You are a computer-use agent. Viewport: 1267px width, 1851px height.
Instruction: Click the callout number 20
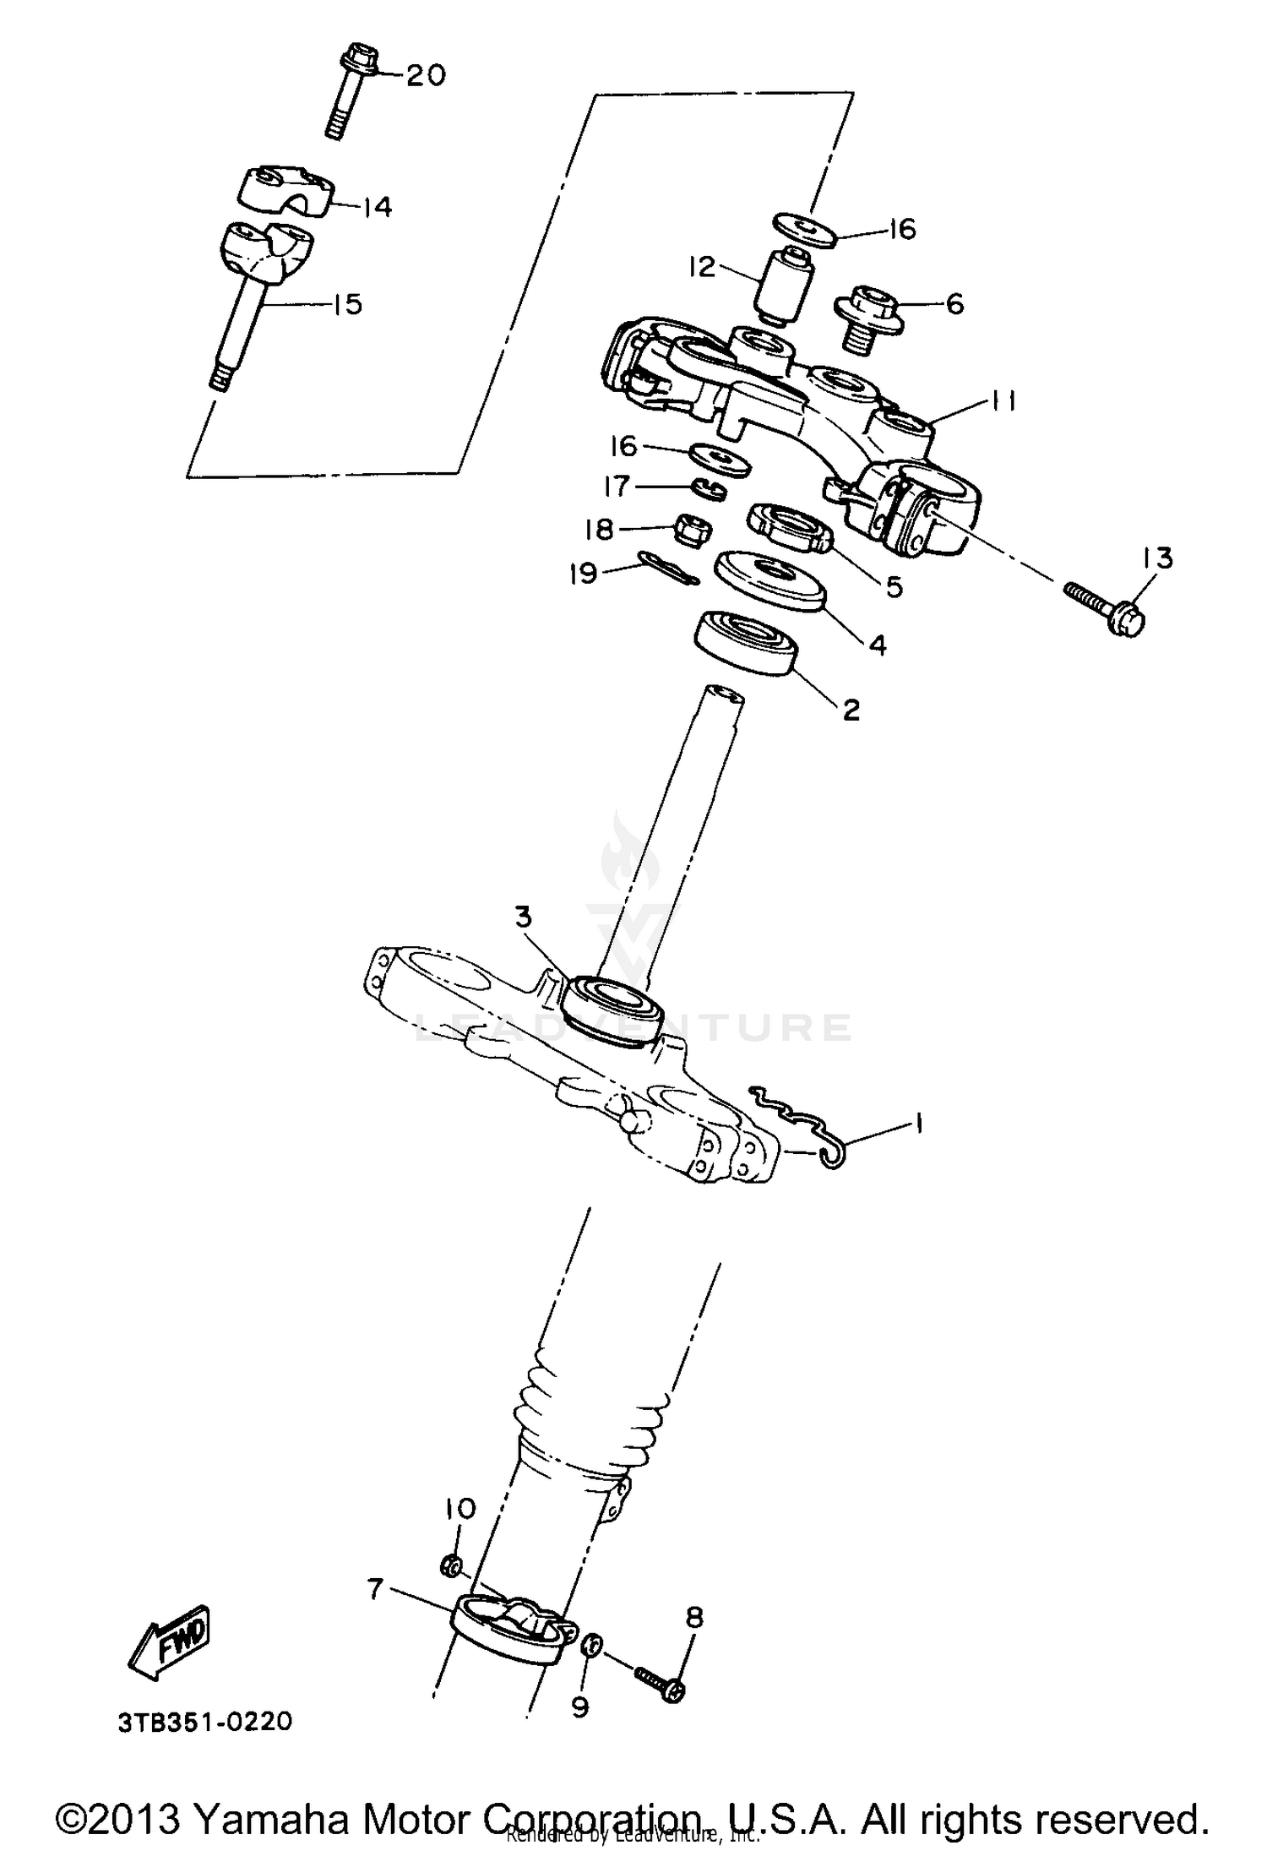click(x=425, y=76)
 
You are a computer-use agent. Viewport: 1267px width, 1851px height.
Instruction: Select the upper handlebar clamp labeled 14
click(x=283, y=188)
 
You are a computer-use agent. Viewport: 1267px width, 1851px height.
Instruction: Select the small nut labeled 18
click(x=690, y=530)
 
